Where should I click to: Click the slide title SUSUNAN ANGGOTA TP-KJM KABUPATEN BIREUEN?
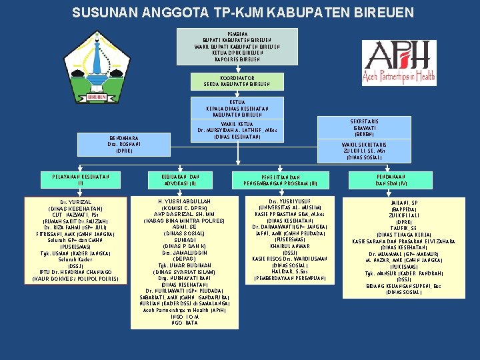tap(243, 13)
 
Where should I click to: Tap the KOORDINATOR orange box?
tap(237, 81)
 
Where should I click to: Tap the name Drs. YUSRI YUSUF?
tap(289, 202)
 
